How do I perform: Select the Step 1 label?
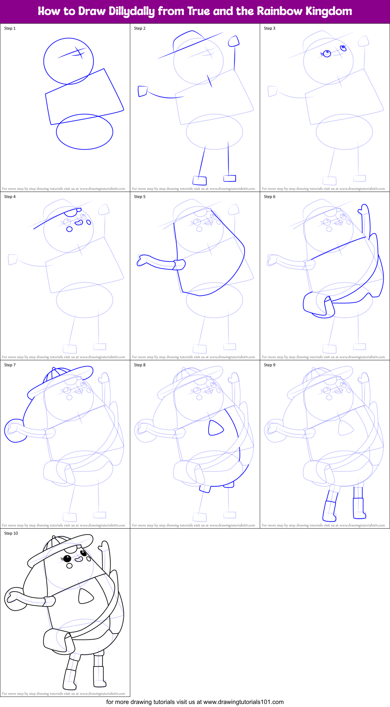pyautogui.click(x=10, y=28)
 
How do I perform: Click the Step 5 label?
pyautogui.click(x=140, y=197)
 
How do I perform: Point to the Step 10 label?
pyautogui.click(x=11, y=533)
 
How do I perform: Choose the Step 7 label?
pyautogui.click(x=10, y=365)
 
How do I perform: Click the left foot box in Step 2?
pyautogui.click(x=200, y=180)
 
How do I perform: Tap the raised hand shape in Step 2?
pyautogui.click(x=233, y=41)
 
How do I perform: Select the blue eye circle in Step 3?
pyautogui.click(x=327, y=53)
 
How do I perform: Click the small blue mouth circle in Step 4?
pyautogui.click(x=69, y=229)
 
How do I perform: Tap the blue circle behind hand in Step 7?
pyautogui.click(x=13, y=431)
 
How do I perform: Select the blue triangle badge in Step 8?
pyautogui.click(x=215, y=428)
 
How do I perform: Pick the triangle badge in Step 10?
pyautogui.click(x=85, y=597)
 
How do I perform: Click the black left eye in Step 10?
pyautogui.click(x=67, y=558)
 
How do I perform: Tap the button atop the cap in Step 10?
pyautogui.click(x=54, y=537)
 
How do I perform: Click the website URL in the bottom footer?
pyautogui.click(x=243, y=702)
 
